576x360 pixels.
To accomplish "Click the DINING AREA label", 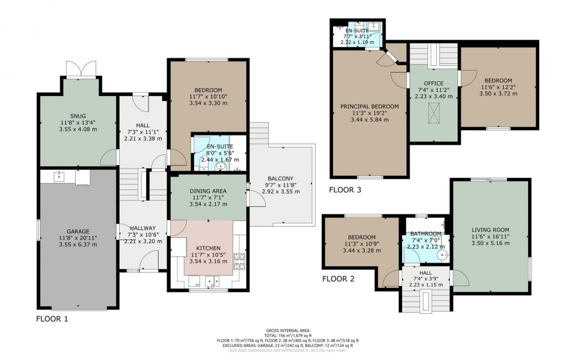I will [x=208, y=191].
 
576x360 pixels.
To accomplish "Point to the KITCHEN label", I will [x=208, y=248].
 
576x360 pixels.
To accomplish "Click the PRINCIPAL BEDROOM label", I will [x=369, y=106].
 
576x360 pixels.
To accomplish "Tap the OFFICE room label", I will [x=434, y=83].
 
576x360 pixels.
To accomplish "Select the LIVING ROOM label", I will [x=490, y=229].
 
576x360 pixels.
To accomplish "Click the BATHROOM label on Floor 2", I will [x=426, y=233].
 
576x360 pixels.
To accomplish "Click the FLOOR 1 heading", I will [x=52, y=319].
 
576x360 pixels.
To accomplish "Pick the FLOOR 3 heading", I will [x=345, y=190].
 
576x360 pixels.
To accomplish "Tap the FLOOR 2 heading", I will [x=338, y=279].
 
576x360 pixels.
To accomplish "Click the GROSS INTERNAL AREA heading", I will [x=287, y=330].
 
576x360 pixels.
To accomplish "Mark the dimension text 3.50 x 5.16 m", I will [x=490, y=244].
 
